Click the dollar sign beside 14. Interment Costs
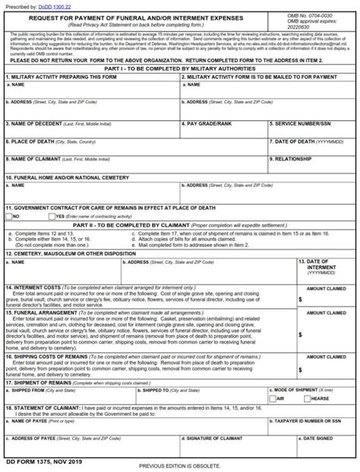tap(300, 299)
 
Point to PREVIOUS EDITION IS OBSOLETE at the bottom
tap(180, 465)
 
